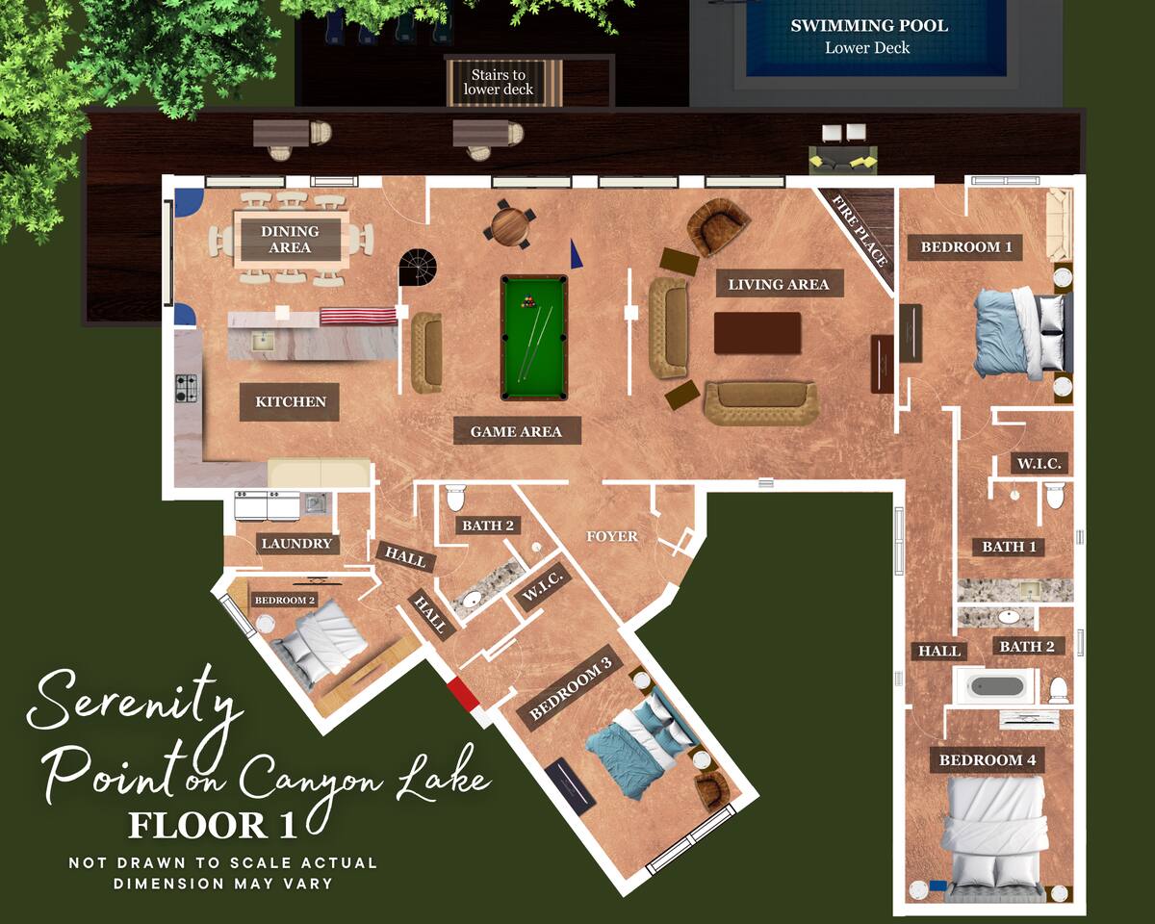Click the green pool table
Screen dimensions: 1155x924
[534, 338]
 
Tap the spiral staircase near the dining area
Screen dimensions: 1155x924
[418, 267]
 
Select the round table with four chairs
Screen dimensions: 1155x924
[509, 224]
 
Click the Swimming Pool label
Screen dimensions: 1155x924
[869, 26]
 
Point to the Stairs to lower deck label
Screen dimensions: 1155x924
[498, 82]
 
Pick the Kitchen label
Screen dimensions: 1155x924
[291, 401]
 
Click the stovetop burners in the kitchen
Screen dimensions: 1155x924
[186, 388]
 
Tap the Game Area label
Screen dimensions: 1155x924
[516, 431]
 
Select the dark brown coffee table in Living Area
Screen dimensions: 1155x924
[757, 333]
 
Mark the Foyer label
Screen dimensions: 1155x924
[612, 536]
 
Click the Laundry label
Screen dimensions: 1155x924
[296, 544]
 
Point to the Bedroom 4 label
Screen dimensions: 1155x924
[987, 760]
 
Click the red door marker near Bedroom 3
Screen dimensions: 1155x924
[463, 694]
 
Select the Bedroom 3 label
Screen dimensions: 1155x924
[570, 688]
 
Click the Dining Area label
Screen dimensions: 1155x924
[290, 240]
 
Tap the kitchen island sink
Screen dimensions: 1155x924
[263, 342]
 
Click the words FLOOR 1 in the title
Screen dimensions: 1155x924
[212, 826]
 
